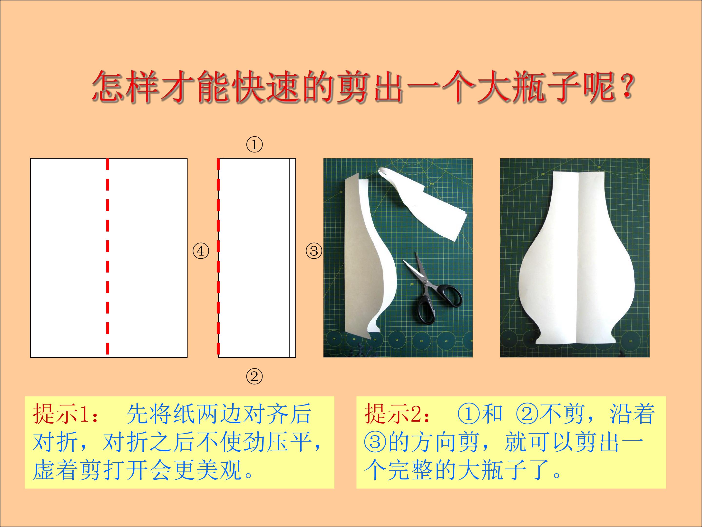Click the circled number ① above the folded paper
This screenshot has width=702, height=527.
[x=254, y=145]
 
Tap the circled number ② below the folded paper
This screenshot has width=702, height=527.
[x=254, y=377]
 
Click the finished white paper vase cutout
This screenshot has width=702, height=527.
[x=575, y=258]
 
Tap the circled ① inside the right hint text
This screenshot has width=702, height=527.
[x=468, y=414]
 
